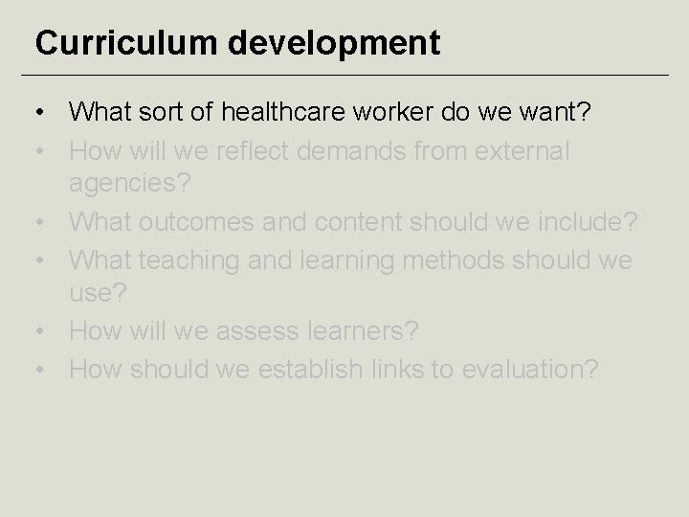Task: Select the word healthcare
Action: tap(287, 113)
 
